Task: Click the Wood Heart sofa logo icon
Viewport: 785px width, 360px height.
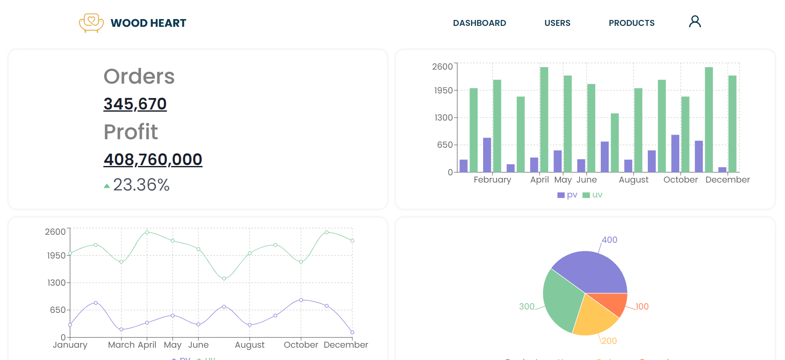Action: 91,22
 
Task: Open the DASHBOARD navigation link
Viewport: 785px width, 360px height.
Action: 479,23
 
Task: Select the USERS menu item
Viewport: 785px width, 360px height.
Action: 557,23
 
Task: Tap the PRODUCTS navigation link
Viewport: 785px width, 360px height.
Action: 631,23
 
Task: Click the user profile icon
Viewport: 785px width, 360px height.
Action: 695,22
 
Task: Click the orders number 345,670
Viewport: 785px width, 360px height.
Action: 135,104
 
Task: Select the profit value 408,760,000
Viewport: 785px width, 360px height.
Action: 153,160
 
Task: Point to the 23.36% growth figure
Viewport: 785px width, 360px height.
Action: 141,185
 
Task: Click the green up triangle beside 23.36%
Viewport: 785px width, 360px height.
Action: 107,186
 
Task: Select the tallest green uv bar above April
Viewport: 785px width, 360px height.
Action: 544,119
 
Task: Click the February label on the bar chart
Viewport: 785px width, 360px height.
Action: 492,180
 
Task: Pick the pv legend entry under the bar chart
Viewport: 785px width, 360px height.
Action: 567,195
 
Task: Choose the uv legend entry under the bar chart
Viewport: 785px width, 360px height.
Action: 593,195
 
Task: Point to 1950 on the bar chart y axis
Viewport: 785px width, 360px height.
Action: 443,90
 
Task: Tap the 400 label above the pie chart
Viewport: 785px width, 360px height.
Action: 609,240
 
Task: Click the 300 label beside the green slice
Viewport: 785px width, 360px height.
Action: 526,307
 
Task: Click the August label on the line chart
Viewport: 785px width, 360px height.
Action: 250,345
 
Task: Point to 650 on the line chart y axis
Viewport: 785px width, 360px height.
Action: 58,310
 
